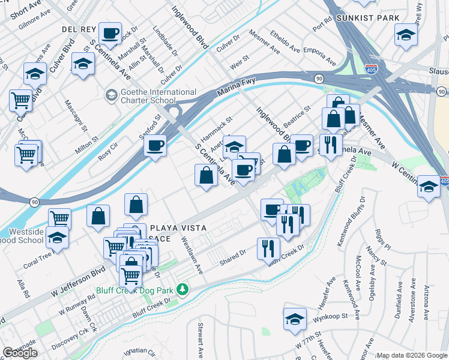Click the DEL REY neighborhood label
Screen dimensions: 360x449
(76, 29)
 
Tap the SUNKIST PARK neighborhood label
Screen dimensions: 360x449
(368, 18)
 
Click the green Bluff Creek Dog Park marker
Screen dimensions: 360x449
(186, 291)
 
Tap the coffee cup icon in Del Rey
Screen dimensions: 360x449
(110, 34)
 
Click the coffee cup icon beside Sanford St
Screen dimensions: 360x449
(155, 146)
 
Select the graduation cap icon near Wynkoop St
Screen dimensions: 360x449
(295, 319)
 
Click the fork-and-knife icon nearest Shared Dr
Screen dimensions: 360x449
(268, 248)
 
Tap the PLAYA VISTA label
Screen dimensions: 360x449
(178, 228)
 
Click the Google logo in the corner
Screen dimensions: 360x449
(20, 352)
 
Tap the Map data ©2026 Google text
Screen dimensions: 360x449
(412, 355)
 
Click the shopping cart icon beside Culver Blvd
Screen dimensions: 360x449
(21, 100)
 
